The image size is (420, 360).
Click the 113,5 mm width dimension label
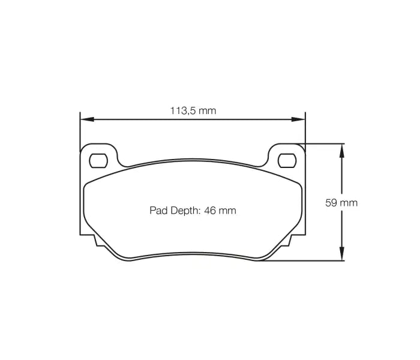[193, 110]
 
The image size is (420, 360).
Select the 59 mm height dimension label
[341, 203]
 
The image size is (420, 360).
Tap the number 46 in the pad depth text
[210, 211]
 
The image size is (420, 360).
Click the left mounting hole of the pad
[98, 160]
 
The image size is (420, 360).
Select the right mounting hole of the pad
[287, 160]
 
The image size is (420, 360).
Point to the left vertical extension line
[80, 180]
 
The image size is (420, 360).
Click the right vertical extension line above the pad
[305, 129]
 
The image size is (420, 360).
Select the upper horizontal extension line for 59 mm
[324, 143]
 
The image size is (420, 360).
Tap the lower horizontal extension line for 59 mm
[306, 261]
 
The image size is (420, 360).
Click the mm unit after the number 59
[349, 203]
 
